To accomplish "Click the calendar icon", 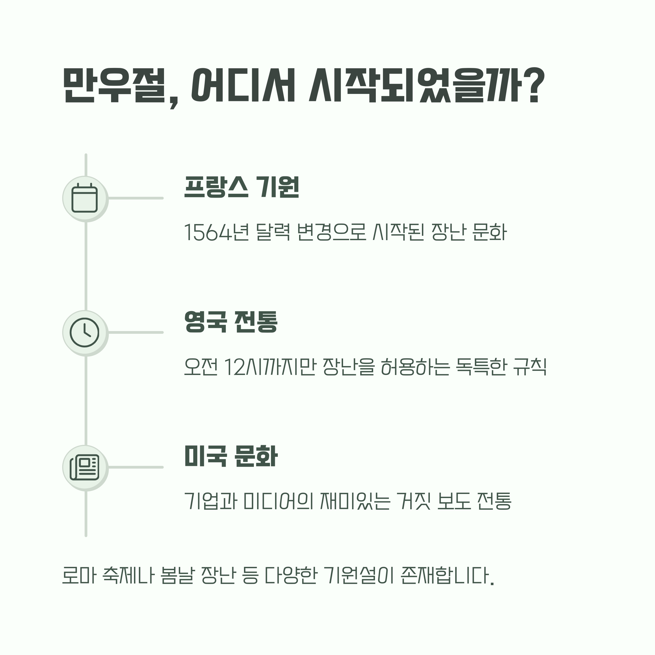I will [85, 199].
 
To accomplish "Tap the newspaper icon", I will [85, 467].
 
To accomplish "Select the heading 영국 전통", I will [231, 321].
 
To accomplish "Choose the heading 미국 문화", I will [231, 456].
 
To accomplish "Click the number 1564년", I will [216, 233].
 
